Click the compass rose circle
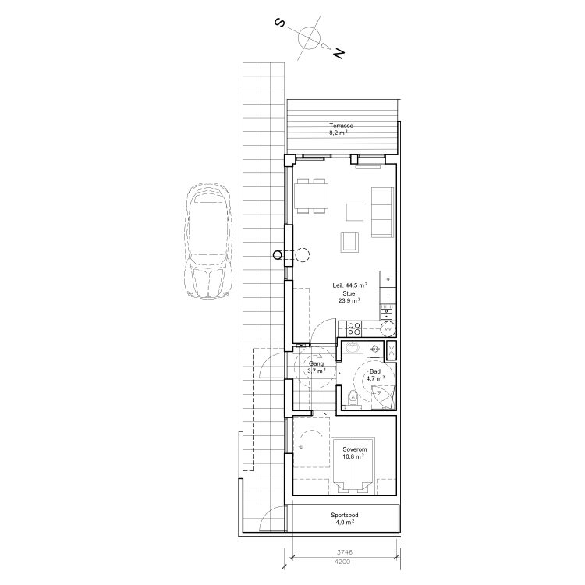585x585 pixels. point(310,37)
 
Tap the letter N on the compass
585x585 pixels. point(338,54)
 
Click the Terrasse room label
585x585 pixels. point(341,126)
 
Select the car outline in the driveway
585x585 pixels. point(207,241)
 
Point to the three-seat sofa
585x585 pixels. point(382,212)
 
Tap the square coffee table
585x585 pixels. point(355,211)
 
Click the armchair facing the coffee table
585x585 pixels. point(349,243)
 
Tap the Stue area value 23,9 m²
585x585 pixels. point(348,300)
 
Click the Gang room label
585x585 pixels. point(316,364)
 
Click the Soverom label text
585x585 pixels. point(354,451)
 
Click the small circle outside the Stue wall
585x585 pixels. point(277,254)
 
